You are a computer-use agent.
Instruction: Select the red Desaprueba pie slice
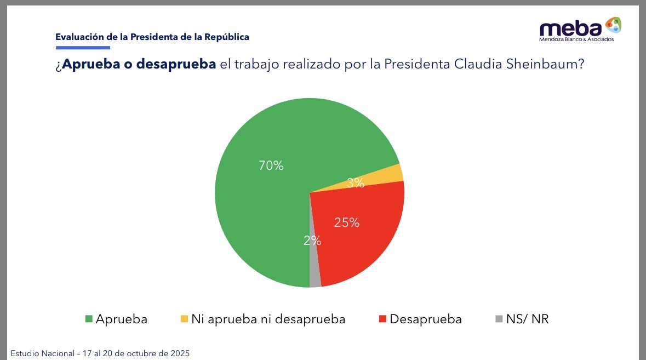pos(362,241)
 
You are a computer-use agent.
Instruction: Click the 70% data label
pos(271,165)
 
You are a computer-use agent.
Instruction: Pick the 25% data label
pos(347,222)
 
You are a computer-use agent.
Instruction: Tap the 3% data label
pos(356,183)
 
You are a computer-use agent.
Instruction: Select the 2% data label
pos(312,241)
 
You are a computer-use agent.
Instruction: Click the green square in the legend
pos(89,319)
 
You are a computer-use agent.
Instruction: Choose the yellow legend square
pos(184,319)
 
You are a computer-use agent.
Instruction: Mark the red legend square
pos(382,319)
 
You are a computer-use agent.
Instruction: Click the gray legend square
pos(498,319)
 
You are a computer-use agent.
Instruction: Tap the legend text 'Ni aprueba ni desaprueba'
pos(268,319)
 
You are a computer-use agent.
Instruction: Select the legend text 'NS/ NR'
pos(527,319)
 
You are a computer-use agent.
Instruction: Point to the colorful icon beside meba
pos(613,25)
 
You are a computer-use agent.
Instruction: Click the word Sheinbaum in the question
pos(539,64)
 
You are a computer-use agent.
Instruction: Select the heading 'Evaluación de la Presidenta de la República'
pos(152,37)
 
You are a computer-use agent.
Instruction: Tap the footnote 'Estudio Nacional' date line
pos(100,353)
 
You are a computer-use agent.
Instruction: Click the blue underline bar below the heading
pos(82,48)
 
